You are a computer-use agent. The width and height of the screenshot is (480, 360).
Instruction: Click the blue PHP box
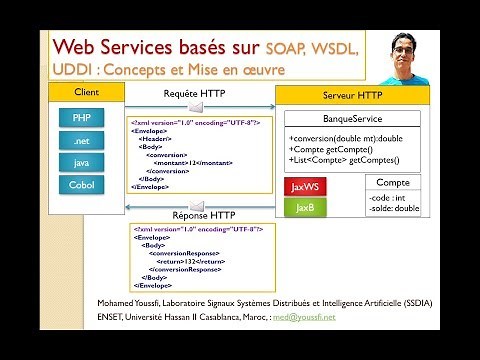point(82,118)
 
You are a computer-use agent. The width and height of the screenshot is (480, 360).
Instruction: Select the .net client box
point(82,141)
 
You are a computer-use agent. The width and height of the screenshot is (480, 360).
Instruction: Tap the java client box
point(82,163)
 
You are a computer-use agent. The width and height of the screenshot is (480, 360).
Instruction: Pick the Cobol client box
point(82,185)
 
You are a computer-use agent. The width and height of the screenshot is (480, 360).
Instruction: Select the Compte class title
point(392,182)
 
